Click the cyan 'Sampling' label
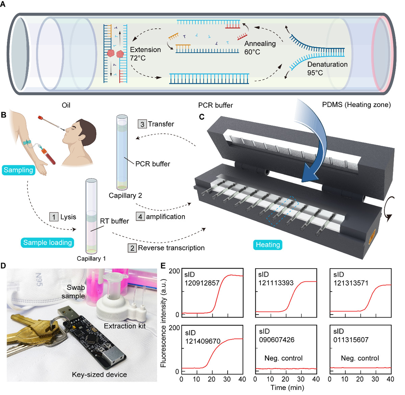pos(19,170)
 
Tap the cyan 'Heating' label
pos(268,245)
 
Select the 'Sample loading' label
pos(47,243)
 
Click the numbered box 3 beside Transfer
pos(142,124)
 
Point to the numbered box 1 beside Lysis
pos(54,217)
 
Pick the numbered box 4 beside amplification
pos(140,217)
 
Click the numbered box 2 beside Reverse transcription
pos(132,248)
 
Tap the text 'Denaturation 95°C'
pos(327,68)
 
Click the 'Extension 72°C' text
pos(145,54)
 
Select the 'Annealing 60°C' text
pos(260,48)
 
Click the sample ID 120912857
pos(202,283)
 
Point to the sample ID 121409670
pos(203,341)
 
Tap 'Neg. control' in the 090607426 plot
pos(283,358)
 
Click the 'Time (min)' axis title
pos(287,388)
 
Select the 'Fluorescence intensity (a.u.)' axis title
pos(163,323)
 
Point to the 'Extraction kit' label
pos(125,326)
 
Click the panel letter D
pos(3,266)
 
